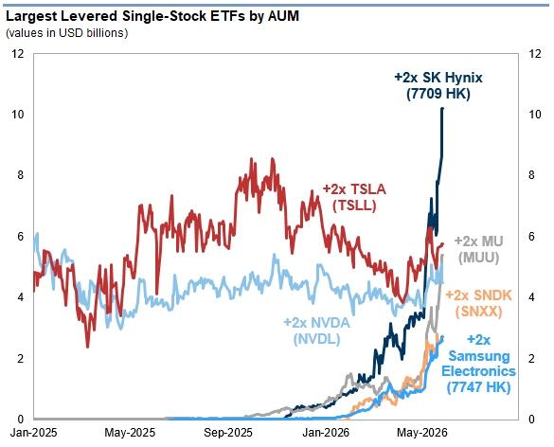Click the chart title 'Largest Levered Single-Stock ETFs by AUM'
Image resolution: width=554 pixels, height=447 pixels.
point(152,16)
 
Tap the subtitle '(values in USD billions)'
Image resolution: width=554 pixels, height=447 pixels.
point(67,33)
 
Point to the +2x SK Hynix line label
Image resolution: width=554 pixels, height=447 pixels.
point(438,85)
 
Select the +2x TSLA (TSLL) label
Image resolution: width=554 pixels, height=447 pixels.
point(354,197)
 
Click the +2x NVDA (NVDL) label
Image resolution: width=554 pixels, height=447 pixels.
point(317,331)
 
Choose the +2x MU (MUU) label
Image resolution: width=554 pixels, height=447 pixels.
point(479,249)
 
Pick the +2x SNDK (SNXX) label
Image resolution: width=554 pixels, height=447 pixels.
point(479,303)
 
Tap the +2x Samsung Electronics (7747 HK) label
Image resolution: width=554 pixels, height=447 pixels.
point(479,364)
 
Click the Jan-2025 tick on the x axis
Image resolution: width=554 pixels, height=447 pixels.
point(33,433)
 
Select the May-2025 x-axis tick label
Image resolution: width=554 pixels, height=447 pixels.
point(130,433)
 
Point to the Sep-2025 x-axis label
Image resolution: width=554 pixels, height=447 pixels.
point(228,433)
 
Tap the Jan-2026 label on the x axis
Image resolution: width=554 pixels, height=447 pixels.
point(326,433)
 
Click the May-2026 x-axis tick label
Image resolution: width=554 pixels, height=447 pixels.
point(422,433)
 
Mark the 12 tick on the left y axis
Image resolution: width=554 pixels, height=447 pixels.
point(18,54)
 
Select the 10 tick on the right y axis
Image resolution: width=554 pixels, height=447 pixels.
point(534,115)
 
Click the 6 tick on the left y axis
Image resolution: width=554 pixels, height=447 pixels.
point(21,236)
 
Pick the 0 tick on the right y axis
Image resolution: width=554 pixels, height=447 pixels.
point(531,420)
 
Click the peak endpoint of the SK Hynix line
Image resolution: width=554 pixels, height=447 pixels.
point(442,109)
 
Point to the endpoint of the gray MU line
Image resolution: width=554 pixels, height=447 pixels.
point(442,255)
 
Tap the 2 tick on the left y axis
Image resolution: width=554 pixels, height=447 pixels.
point(21,358)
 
